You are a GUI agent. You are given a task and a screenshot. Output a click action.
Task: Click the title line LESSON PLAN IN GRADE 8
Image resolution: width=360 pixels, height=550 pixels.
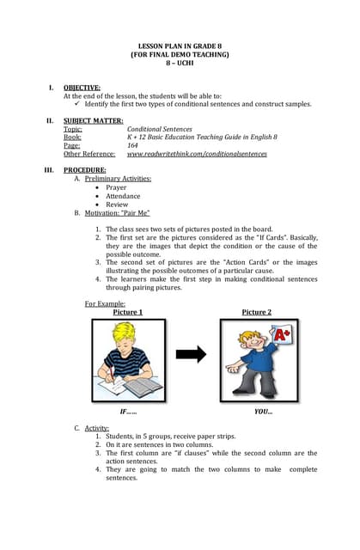pos(180,46)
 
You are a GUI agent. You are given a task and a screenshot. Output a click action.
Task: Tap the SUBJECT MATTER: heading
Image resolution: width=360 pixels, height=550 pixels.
pos(93,120)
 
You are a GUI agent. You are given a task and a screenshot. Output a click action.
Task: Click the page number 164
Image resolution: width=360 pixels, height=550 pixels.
pos(133,145)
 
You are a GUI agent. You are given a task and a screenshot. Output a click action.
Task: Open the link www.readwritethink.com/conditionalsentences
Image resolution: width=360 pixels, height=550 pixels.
pos(197,154)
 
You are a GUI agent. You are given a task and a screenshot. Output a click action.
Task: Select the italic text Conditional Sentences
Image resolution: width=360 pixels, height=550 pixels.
pos(159,129)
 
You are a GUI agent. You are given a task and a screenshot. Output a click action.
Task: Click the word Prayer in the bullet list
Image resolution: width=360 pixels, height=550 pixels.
pos(116,187)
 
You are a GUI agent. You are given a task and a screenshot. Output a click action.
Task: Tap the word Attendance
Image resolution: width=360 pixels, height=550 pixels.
pos(123,196)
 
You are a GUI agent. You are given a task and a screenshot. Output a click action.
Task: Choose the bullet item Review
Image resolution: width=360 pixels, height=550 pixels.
pos(117,205)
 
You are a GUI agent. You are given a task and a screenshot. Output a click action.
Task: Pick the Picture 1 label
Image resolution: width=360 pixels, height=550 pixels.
pos(128,312)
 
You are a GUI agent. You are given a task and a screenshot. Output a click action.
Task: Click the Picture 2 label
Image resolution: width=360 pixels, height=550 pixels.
pos(256,312)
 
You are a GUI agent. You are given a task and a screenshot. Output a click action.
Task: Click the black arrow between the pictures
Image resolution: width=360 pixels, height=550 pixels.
pos(191,354)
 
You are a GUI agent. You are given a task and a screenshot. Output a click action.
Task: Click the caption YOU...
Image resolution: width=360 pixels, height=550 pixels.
pos(263,412)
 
